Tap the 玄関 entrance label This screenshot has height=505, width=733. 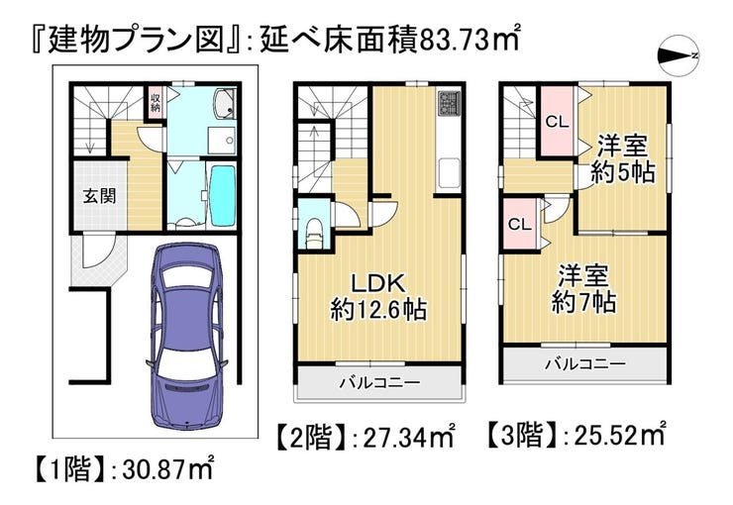pos(98,194)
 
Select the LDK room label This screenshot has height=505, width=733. pos(378,280)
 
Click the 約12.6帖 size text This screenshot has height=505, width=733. pos(378,310)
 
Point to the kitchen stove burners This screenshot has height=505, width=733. pos(448,104)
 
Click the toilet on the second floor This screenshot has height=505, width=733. pos(315,230)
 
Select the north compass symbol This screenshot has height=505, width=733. pos(679,54)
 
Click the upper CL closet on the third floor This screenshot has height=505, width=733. pos(557,123)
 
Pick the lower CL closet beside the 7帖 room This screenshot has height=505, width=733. pos(519,223)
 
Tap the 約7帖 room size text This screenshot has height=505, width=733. pos(583,301)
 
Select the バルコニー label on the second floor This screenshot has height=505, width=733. pos(379,381)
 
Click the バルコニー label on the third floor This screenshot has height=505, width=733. pos(583,363)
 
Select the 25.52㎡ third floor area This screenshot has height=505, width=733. pos(614,434)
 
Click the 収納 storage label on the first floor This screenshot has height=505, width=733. pos(156,101)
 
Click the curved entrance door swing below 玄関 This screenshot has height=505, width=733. pos(99,259)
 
